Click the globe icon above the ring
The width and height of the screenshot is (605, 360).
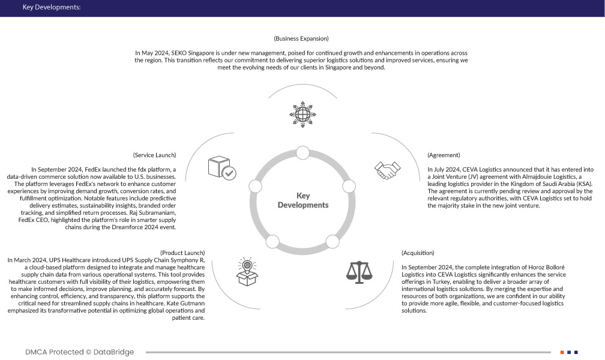coord(302,112)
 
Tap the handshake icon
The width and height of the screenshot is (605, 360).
coord(387,170)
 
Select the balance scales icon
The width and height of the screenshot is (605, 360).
coord(359,271)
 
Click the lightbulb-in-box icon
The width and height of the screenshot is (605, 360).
coord(247,271)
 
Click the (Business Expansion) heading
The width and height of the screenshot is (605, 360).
coord(301,38)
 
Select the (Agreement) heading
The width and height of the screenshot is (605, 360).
coord(444,155)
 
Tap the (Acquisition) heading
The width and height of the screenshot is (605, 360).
coord(418,253)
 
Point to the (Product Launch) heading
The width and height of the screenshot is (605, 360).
coord(182,253)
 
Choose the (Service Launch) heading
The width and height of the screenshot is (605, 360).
coord(155,155)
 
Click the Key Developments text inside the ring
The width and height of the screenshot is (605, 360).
coord(303,200)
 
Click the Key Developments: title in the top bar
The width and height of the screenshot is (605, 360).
coord(52,8)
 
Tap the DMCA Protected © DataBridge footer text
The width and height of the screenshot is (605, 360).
coord(80,352)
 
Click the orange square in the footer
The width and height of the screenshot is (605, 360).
coord(562,352)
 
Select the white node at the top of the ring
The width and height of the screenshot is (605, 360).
coord(302,152)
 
